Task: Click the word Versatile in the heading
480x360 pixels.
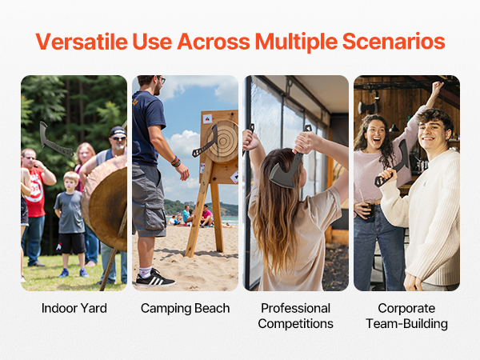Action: (x=82, y=42)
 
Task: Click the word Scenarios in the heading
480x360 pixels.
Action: (x=394, y=42)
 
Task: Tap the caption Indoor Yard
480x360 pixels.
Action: (x=74, y=308)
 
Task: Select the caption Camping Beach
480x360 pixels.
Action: (x=186, y=308)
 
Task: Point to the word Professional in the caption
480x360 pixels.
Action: (x=295, y=308)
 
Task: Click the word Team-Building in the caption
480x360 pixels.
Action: (x=406, y=323)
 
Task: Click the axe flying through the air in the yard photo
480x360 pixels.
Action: (x=55, y=140)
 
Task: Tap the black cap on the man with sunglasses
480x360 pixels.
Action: (x=118, y=132)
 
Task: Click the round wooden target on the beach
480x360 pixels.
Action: (x=221, y=141)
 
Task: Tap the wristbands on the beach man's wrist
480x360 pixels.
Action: (x=176, y=162)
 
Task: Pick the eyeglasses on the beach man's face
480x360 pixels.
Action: (x=162, y=79)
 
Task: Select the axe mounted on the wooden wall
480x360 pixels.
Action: (x=368, y=107)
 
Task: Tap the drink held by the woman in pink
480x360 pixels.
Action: (x=367, y=207)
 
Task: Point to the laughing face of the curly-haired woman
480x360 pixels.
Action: (x=375, y=135)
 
